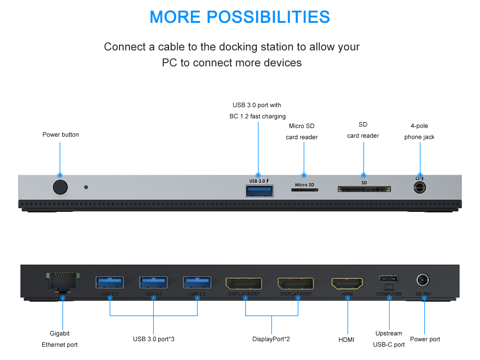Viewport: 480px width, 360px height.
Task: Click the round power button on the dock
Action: click(x=60, y=187)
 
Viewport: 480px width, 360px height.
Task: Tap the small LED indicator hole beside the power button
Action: click(x=86, y=187)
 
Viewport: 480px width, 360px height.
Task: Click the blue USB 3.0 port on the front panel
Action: click(x=259, y=191)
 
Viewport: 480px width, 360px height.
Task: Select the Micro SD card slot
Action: click(x=304, y=190)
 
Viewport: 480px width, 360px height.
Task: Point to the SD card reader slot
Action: click(x=364, y=189)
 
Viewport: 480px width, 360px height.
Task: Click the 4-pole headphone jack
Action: click(x=420, y=187)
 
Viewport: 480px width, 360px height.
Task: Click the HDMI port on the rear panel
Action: click(x=347, y=284)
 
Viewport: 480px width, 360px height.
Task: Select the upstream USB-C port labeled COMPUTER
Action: click(x=388, y=279)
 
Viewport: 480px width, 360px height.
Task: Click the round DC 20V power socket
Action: click(x=423, y=280)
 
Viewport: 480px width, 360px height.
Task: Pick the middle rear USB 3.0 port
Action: click(x=153, y=282)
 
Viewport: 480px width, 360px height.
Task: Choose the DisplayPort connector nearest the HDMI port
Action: click(x=296, y=283)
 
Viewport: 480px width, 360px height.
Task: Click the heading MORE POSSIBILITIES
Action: click(x=240, y=17)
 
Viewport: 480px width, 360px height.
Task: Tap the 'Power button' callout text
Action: click(x=61, y=135)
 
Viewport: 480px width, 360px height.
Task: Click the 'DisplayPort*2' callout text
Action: click(x=271, y=339)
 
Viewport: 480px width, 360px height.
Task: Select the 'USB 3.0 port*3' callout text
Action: click(x=154, y=339)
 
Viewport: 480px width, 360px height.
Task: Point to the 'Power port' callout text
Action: click(x=425, y=339)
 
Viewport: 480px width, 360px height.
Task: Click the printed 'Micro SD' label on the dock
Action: click(x=304, y=184)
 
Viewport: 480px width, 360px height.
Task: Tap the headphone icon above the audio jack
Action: click(x=417, y=178)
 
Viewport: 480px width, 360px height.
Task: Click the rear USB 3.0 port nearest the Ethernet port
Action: click(x=109, y=282)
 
